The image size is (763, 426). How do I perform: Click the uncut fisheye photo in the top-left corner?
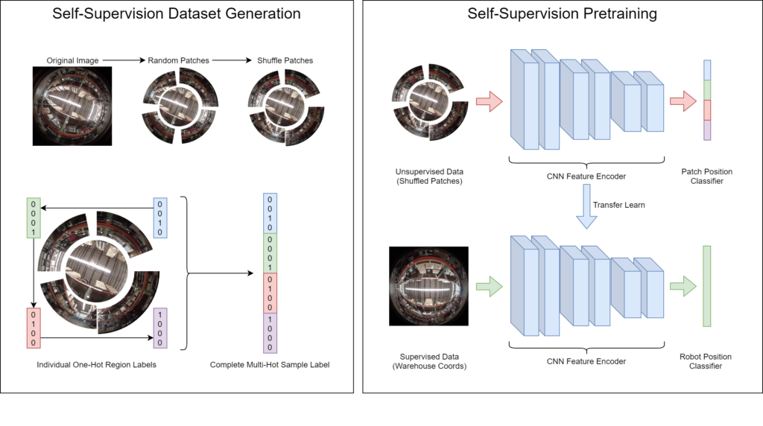[x=72, y=106]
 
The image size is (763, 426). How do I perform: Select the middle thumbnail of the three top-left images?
[x=179, y=106]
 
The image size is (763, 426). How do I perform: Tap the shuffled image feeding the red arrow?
[x=428, y=101]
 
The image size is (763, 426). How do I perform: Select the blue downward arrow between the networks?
[x=587, y=206]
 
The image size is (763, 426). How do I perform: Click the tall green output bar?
[x=707, y=286]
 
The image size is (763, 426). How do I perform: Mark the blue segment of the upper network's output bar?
[x=707, y=71]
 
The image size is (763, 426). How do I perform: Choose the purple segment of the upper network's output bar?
[x=707, y=130]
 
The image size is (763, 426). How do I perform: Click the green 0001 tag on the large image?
[x=34, y=218]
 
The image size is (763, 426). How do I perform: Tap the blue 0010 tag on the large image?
[x=160, y=217]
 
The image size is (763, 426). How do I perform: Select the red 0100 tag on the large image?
[x=34, y=328]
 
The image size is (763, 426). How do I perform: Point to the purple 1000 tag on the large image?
[x=160, y=328]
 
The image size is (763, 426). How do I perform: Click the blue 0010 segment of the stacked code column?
[x=270, y=214]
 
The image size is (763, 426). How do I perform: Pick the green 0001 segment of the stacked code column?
[x=270, y=253]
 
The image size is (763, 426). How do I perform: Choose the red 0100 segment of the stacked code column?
[x=270, y=293]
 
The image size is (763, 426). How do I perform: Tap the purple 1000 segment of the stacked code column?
[x=270, y=333]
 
